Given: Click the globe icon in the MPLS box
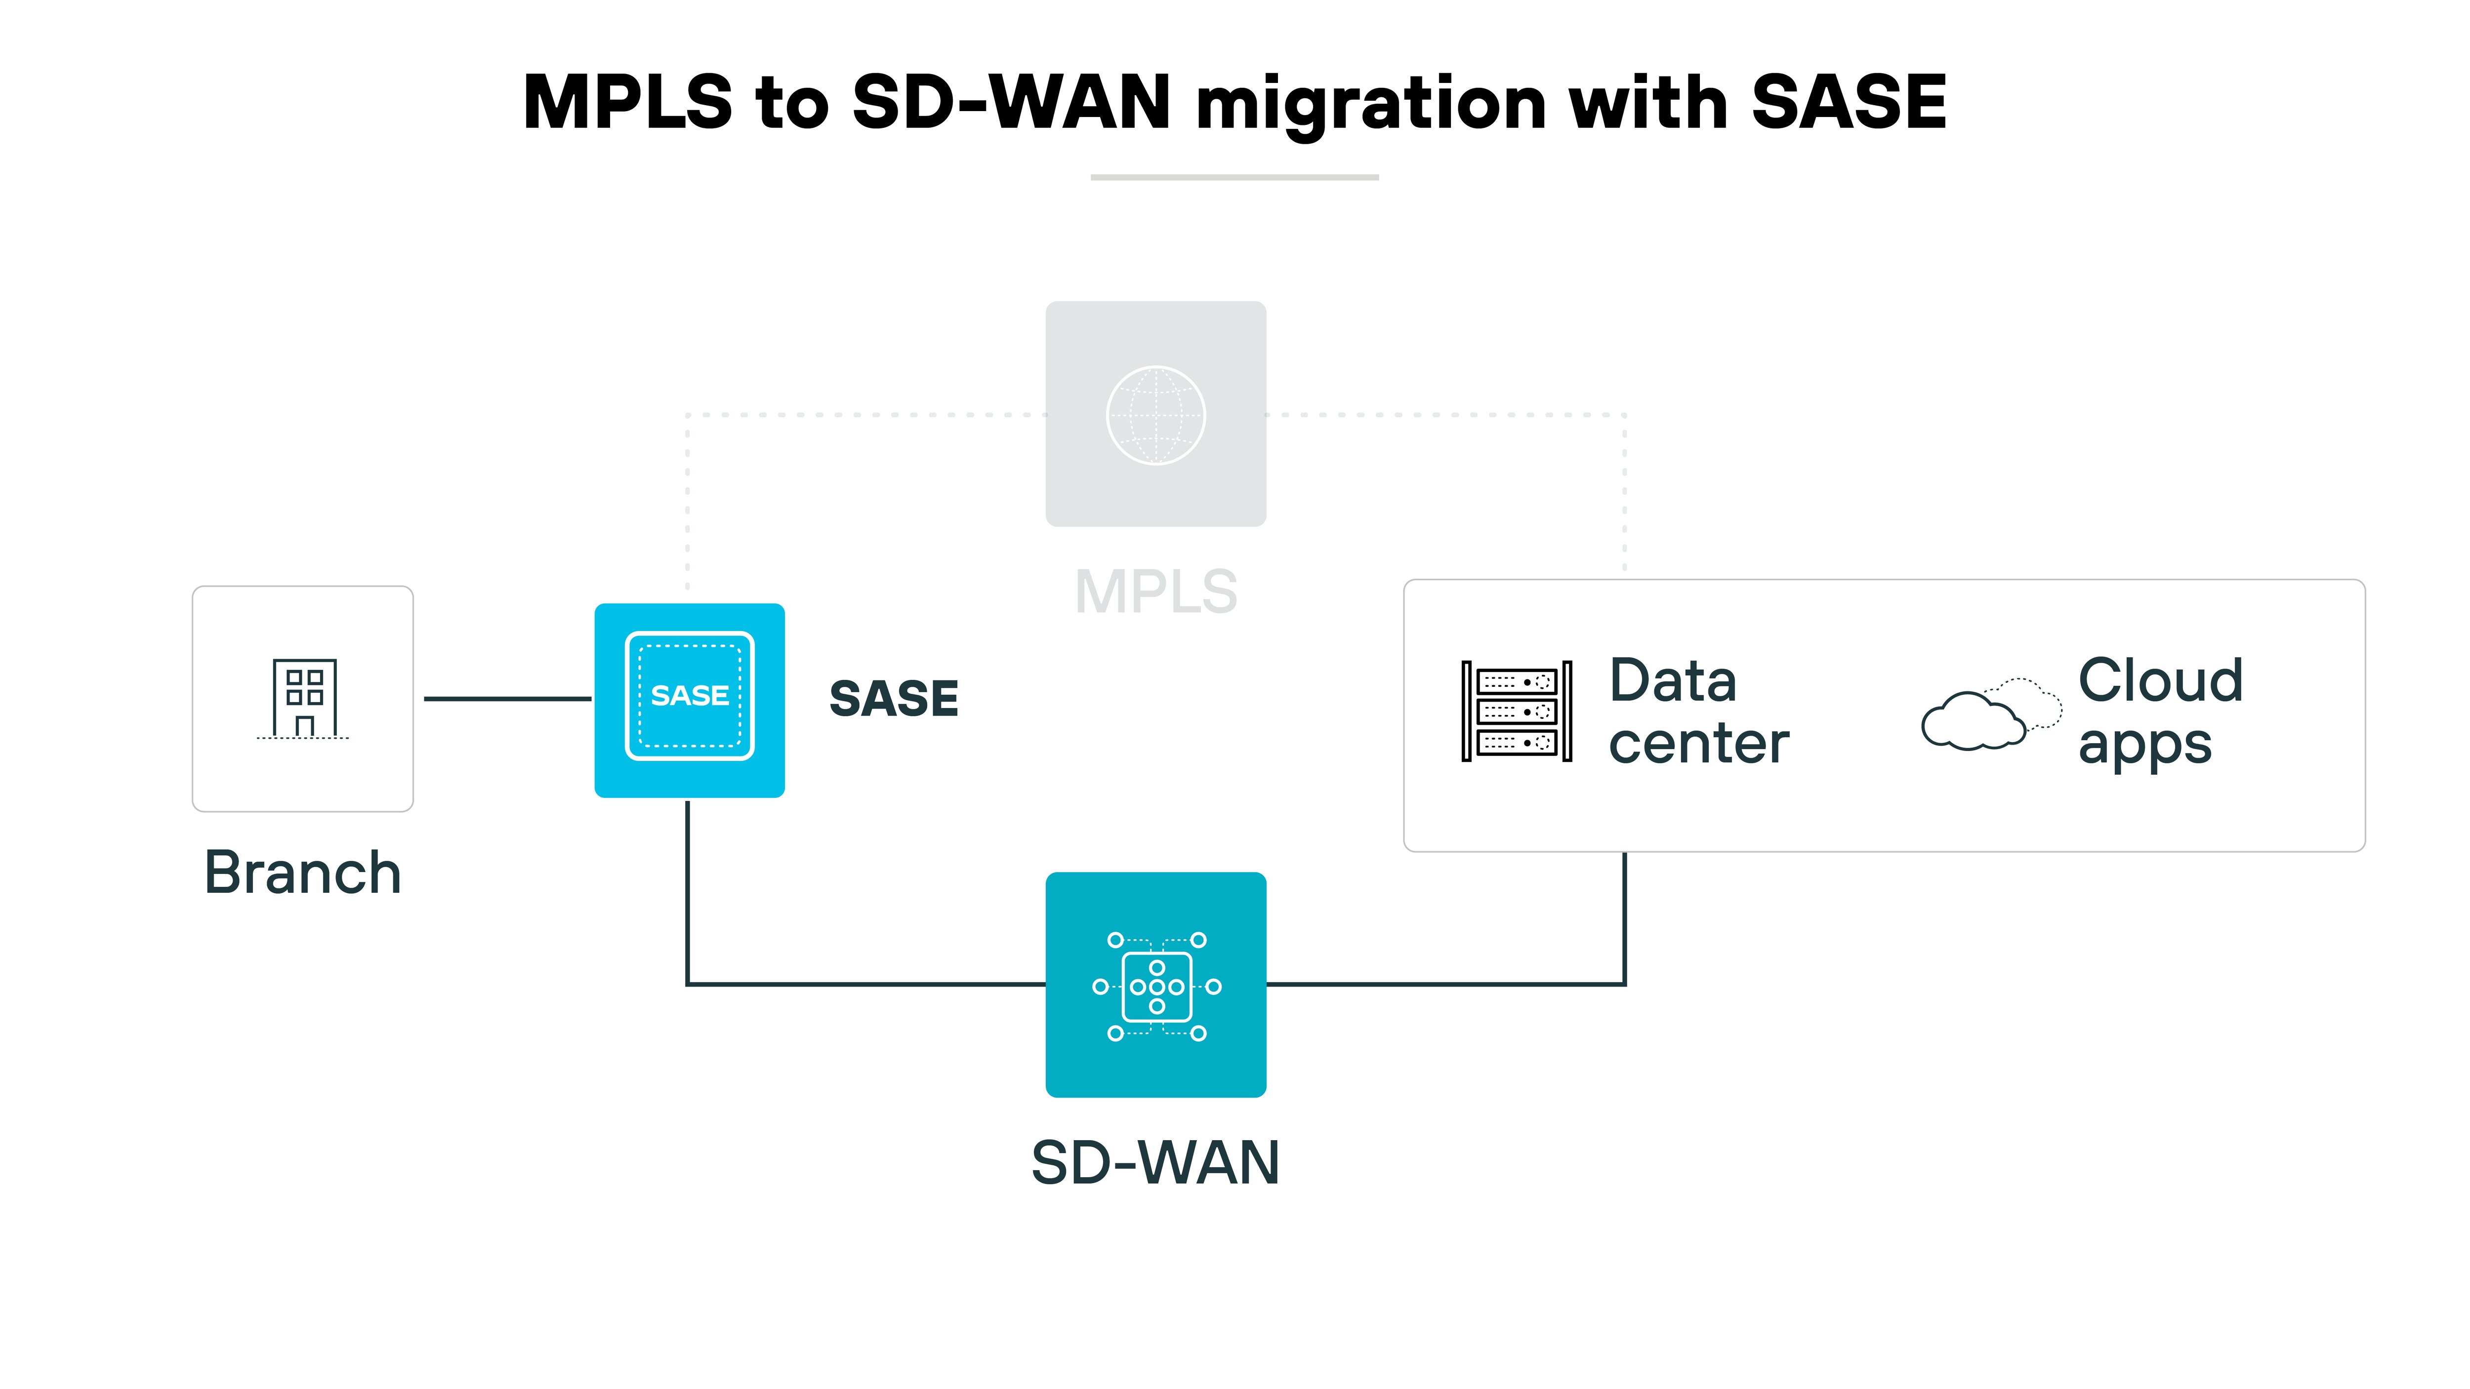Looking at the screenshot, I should click(x=1155, y=415).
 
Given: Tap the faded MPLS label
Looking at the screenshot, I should click(x=1155, y=592).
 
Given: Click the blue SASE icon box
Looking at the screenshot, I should click(x=690, y=700).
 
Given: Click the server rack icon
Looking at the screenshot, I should click(x=1516, y=711).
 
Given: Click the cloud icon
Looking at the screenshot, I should click(x=1990, y=714).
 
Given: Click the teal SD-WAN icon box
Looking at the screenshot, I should click(x=1155, y=985).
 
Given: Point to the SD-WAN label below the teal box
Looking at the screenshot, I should click(x=1155, y=1163).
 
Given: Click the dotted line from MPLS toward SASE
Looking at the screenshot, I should click(x=863, y=415).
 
